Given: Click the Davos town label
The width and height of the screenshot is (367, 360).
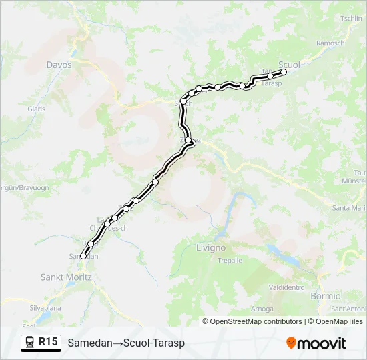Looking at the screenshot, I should click(x=59, y=65).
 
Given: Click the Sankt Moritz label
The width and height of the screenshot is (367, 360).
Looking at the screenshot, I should click(x=66, y=277).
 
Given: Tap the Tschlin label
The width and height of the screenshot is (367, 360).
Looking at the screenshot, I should click(x=351, y=18).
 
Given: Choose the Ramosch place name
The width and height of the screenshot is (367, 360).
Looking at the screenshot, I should click(x=331, y=43).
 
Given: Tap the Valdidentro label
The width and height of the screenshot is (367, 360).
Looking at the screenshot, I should click(x=287, y=287).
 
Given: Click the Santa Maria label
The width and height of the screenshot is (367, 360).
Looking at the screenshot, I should click(x=350, y=208).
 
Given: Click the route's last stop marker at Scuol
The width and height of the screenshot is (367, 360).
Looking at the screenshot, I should click(x=284, y=71).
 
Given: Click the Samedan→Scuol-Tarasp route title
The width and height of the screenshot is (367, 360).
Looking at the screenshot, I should click(x=126, y=343).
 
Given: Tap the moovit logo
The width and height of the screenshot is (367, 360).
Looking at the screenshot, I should click(x=316, y=343).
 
